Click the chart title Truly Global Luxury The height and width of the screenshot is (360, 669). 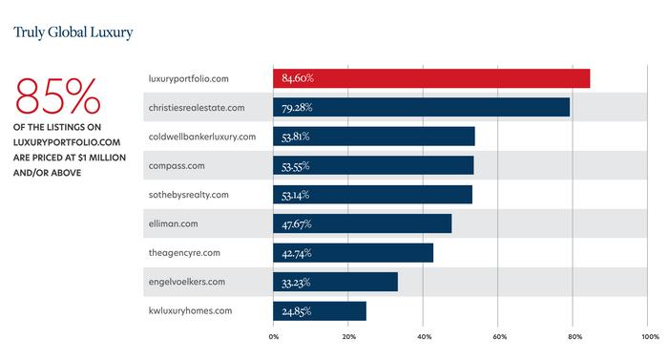(73, 32)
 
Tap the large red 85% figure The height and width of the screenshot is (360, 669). (57, 95)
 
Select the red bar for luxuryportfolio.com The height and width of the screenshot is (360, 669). (431, 78)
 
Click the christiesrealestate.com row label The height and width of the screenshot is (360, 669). (197, 108)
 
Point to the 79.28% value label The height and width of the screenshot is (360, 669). (297, 107)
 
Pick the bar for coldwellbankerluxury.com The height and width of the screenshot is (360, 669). (374, 137)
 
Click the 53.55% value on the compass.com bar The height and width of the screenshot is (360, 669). (295, 166)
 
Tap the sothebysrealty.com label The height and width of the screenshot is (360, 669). (189, 195)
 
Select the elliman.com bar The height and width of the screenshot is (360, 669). (363, 223)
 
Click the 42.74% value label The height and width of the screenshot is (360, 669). (297, 253)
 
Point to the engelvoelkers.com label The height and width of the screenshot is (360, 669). (187, 282)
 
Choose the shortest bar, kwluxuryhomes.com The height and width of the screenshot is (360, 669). (320, 311)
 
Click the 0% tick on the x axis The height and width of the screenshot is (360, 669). (274, 336)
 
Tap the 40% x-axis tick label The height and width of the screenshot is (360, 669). (424, 336)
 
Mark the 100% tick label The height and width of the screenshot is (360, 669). (650, 336)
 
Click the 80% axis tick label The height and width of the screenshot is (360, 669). (575, 336)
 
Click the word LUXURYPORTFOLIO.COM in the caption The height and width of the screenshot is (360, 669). (67, 142)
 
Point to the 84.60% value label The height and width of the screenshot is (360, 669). (298, 78)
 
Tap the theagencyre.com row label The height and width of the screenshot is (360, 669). (184, 253)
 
